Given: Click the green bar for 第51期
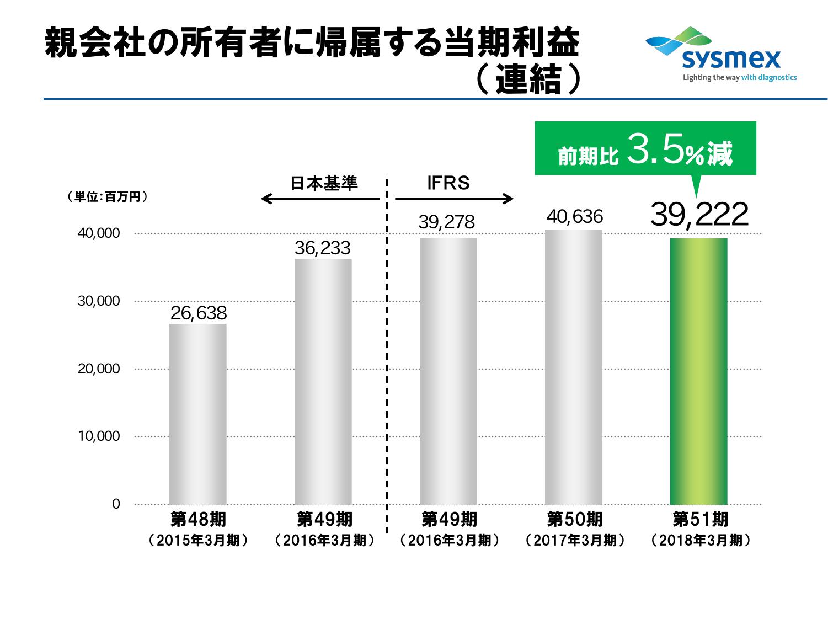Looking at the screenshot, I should coord(698,371).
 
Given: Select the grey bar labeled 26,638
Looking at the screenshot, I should coord(197,414).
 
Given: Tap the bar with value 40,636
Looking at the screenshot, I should coord(573,366).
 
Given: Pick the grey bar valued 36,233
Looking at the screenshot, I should coord(323,381).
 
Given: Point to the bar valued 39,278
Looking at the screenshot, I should coord(448,371).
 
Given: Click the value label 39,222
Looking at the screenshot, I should coord(699,214).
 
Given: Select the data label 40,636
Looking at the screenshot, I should coord(574,216).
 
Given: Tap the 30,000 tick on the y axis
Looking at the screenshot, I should coord(99,301).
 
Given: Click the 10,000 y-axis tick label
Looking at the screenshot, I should coord(99,436).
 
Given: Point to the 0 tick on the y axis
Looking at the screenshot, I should coord(116,504).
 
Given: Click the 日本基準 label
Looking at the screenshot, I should coord(324,183).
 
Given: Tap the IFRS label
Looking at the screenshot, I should coord(448,183).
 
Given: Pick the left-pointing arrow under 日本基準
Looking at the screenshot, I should coord(320,199).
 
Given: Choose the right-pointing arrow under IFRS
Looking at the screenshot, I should coord(454,199).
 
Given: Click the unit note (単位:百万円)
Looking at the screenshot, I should coord(107,197).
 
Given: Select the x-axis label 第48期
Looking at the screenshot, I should coord(198,519).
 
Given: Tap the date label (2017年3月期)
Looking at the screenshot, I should coord(575,540).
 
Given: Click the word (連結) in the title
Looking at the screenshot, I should coord(528,81).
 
